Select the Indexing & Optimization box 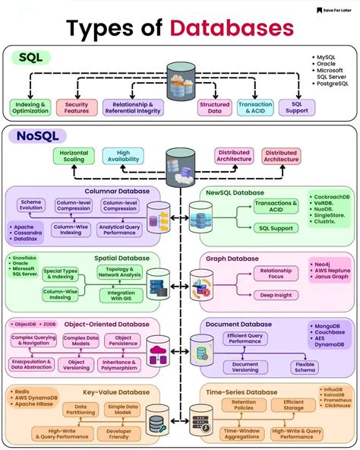30,108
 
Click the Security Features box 77,108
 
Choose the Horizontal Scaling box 73,156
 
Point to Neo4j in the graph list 322,265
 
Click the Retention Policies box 244,405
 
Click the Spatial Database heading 121,258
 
